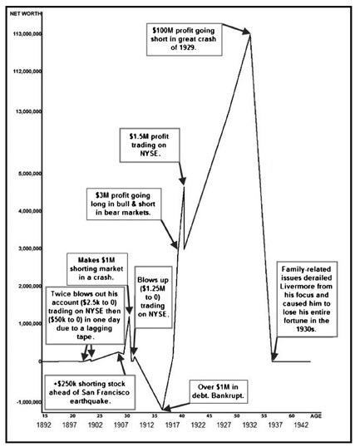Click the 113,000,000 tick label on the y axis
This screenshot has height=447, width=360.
pyautogui.click(x=27, y=34)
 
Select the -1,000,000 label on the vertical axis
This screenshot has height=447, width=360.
pyautogui.click(x=29, y=402)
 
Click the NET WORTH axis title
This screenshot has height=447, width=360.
pyautogui.click(x=26, y=13)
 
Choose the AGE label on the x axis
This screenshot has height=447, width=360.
pyautogui.click(x=315, y=416)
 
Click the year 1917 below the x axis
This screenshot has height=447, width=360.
pyautogui.click(x=172, y=425)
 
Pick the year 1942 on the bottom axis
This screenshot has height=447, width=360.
pyautogui.click(x=301, y=425)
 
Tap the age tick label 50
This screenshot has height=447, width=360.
pyautogui.click(x=237, y=416)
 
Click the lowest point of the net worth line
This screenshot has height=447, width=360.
pyautogui.click(x=162, y=410)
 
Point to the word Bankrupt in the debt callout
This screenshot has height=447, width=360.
pyautogui.click(x=230, y=395)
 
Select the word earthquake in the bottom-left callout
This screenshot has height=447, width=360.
pyautogui.click(x=90, y=401)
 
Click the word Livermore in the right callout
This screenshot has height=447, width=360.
pyautogui.click(x=306, y=286)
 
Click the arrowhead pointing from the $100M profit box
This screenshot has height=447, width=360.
pyautogui.click(x=246, y=32)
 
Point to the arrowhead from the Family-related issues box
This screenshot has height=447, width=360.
pyautogui.click(x=274, y=356)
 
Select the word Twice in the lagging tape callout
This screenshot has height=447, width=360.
pyautogui.click(x=60, y=294)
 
